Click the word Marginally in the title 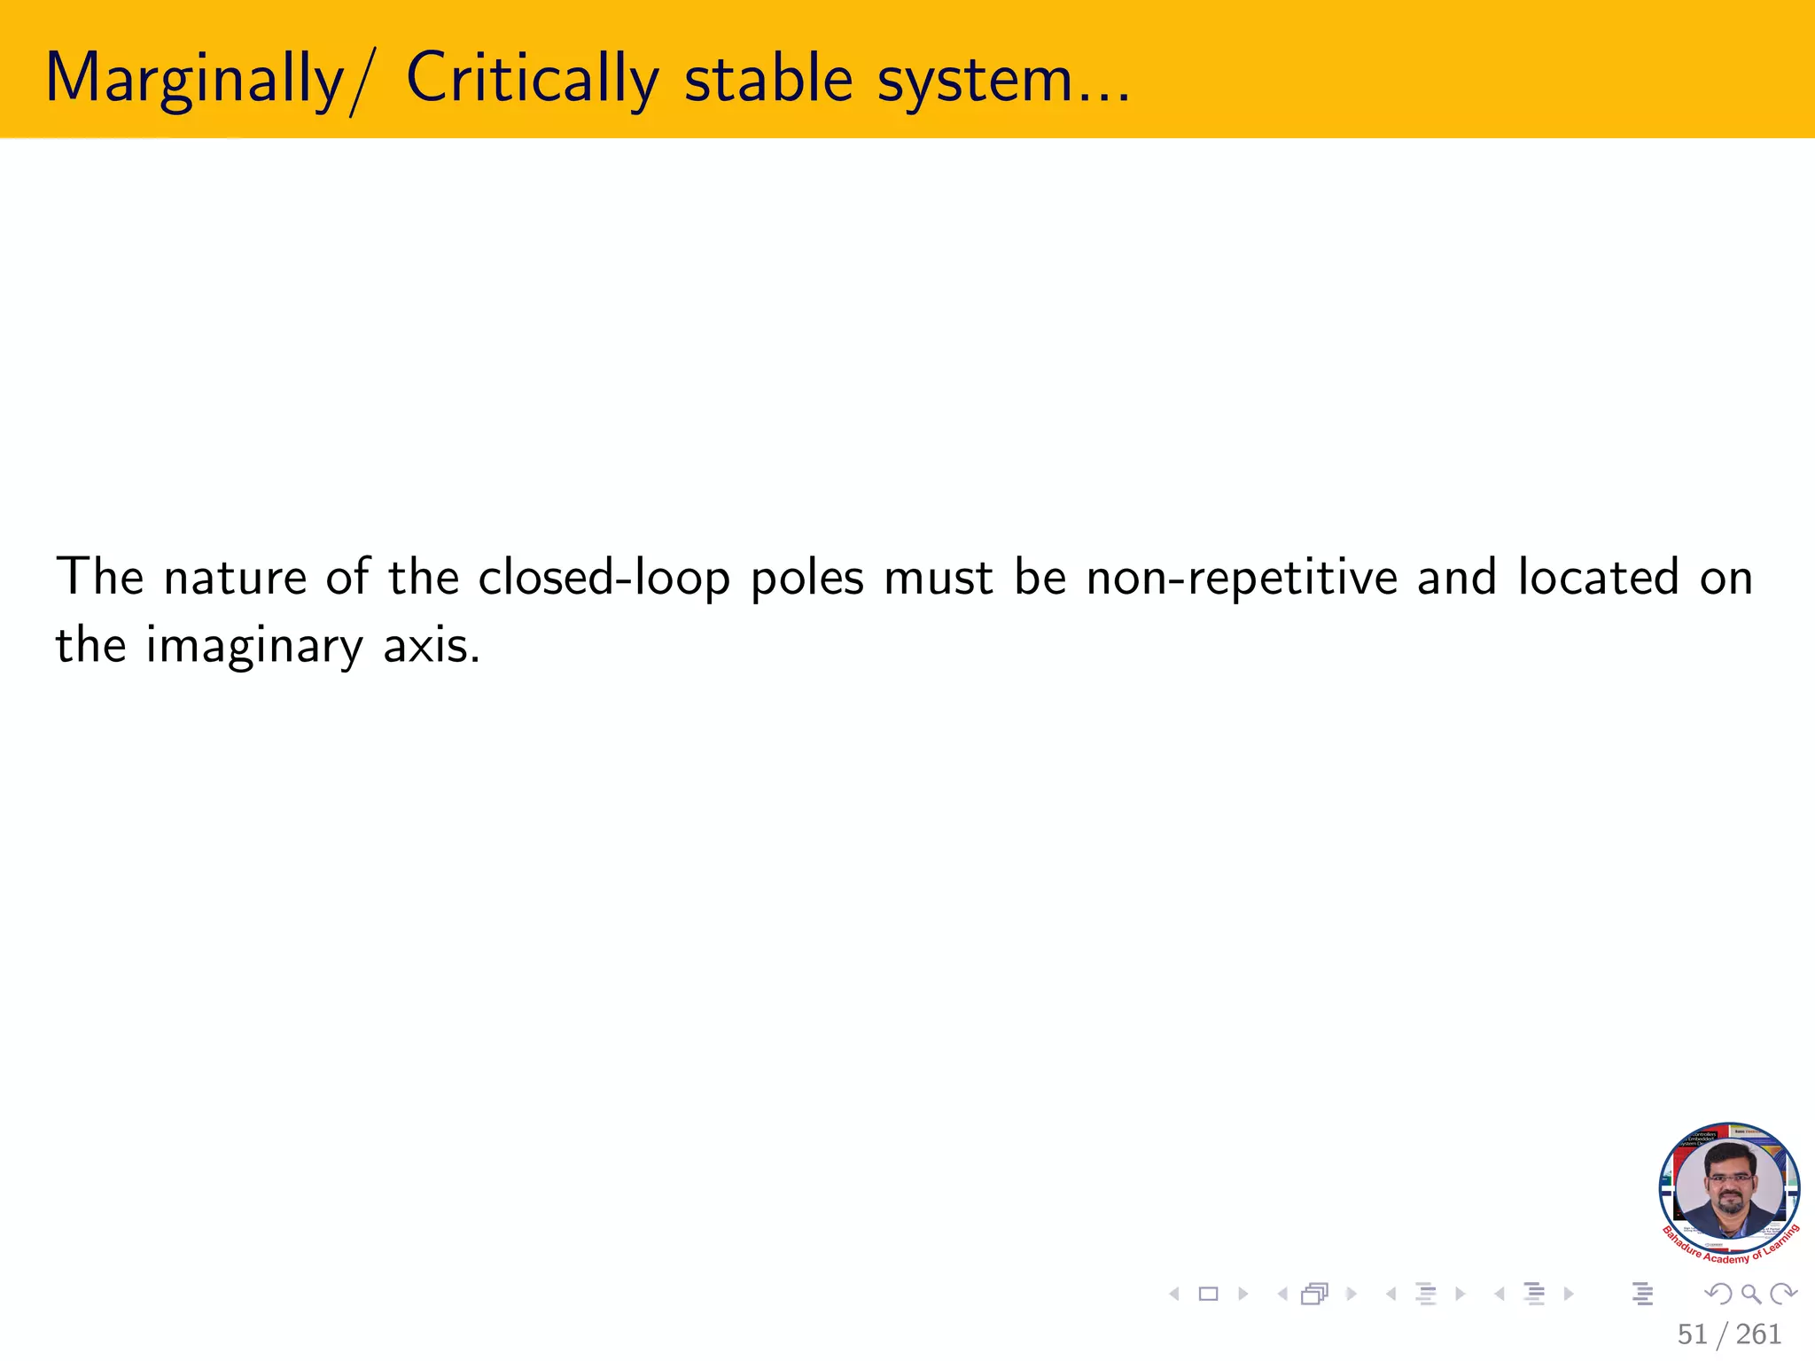click(x=193, y=80)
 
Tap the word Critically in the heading click(x=532, y=80)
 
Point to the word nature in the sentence click(x=235, y=578)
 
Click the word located click(x=1598, y=578)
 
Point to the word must click(x=939, y=578)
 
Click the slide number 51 click(x=1692, y=1334)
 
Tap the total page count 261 click(x=1758, y=1334)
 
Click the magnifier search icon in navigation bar click(x=1751, y=1295)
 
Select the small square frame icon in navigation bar click(x=1208, y=1295)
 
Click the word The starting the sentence click(x=99, y=577)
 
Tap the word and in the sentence click(x=1457, y=578)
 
